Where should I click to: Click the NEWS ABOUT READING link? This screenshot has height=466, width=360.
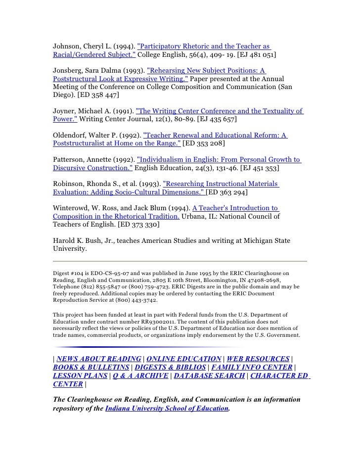(x=99, y=359)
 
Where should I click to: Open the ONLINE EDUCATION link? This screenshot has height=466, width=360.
(x=184, y=359)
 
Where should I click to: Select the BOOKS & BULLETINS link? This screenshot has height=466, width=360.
(x=90, y=367)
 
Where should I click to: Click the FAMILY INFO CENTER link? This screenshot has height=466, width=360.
(x=251, y=367)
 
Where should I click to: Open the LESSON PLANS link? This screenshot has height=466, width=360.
(x=80, y=375)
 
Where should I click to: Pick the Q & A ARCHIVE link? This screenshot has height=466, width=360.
(x=139, y=375)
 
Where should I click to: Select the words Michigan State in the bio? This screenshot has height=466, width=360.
(x=267, y=240)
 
